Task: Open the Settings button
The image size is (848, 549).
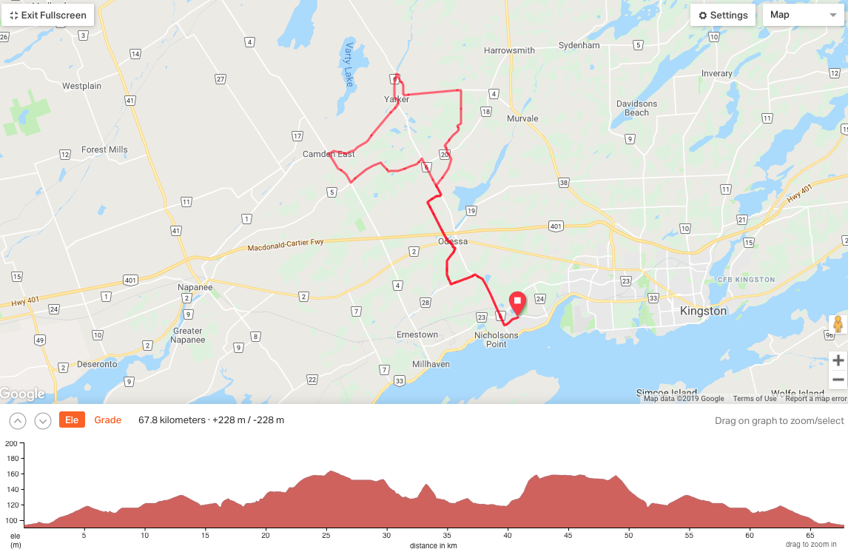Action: pyautogui.click(x=723, y=15)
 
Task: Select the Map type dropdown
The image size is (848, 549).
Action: pyautogui.click(x=802, y=15)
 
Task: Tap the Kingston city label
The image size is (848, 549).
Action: pyautogui.click(x=703, y=311)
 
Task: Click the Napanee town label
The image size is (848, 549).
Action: pyautogui.click(x=195, y=287)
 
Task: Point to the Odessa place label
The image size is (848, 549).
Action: pyautogui.click(x=453, y=241)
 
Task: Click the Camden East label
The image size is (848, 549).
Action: pyautogui.click(x=329, y=154)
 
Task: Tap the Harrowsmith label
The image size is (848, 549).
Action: pyautogui.click(x=509, y=50)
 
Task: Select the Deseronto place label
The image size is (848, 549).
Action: pyautogui.click(x=96, y=364)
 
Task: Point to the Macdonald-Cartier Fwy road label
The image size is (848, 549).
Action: pyautogui.click(x=286, y=245)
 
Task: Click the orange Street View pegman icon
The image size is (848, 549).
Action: pyautogui.click(x=838, y=324)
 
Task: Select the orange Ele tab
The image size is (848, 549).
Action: pyautogui.click(x=72, y=420)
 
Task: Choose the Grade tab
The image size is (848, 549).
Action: pyautogui.click(x=107, y=420)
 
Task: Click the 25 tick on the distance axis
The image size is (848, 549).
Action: pyautogui.click(x=326, y=535)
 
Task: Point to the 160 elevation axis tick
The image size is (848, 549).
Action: pyautogui.click(x=11, y=474)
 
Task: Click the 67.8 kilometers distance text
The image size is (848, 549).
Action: pyautogui.click(x=172, y=420)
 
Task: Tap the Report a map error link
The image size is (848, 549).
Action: pyautogui.click(x=816, y=399)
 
